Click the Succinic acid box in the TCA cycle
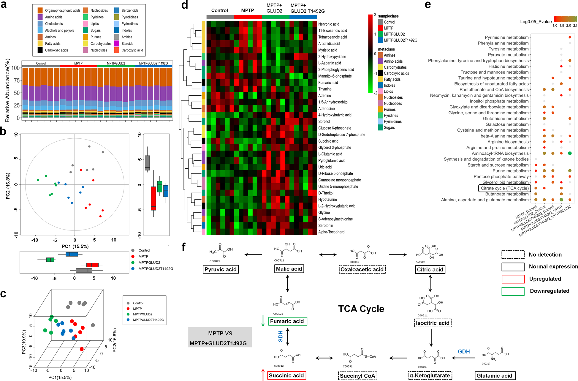click(x=286, y=375)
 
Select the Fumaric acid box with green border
click(x=287, y=321)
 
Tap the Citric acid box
click(x=430, y=269)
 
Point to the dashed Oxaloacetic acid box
click(x=362, y=269)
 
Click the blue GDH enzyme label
click(x=464, y=352)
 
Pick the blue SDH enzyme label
click(x=281, y=336)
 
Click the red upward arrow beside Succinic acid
click(x=263, y=375)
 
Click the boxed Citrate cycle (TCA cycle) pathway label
click(x=504, y=188)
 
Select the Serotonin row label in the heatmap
click(x=326, y=226)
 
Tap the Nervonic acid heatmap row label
click(x=329, y=24)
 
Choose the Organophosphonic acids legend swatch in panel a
click(x=40, y=10)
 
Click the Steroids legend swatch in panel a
click(x=117, y=44)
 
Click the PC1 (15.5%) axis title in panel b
click(x=75, y=246)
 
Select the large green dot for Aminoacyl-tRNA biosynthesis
click(x=570, y=153)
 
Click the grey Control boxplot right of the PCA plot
click(x=147, y=162)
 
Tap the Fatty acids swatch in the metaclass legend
click(x=381, y=79)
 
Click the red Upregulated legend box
click(x=513, y=279)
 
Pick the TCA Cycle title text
click(x=361, y=309)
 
